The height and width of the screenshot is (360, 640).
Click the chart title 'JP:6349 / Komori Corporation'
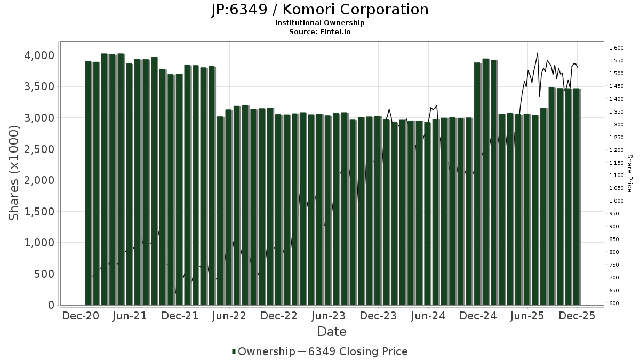coord(319,10)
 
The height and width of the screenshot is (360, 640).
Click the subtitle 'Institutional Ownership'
coord(319,23)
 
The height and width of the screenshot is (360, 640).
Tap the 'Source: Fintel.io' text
coord(319,31)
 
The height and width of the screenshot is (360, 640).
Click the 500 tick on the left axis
coord(43,274)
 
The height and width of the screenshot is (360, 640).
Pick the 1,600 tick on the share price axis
coord(616,48)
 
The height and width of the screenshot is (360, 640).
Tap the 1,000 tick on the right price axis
coord(616,201)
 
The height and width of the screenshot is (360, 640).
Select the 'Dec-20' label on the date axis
coord(81,316)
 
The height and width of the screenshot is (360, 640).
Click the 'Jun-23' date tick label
coord(329,316)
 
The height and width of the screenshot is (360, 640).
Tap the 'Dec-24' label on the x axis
coord(478,316)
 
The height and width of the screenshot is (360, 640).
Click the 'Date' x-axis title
coord(332,332)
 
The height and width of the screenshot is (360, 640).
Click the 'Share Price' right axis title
coord(629,173)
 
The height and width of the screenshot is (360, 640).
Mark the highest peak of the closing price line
coord(537,53)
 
